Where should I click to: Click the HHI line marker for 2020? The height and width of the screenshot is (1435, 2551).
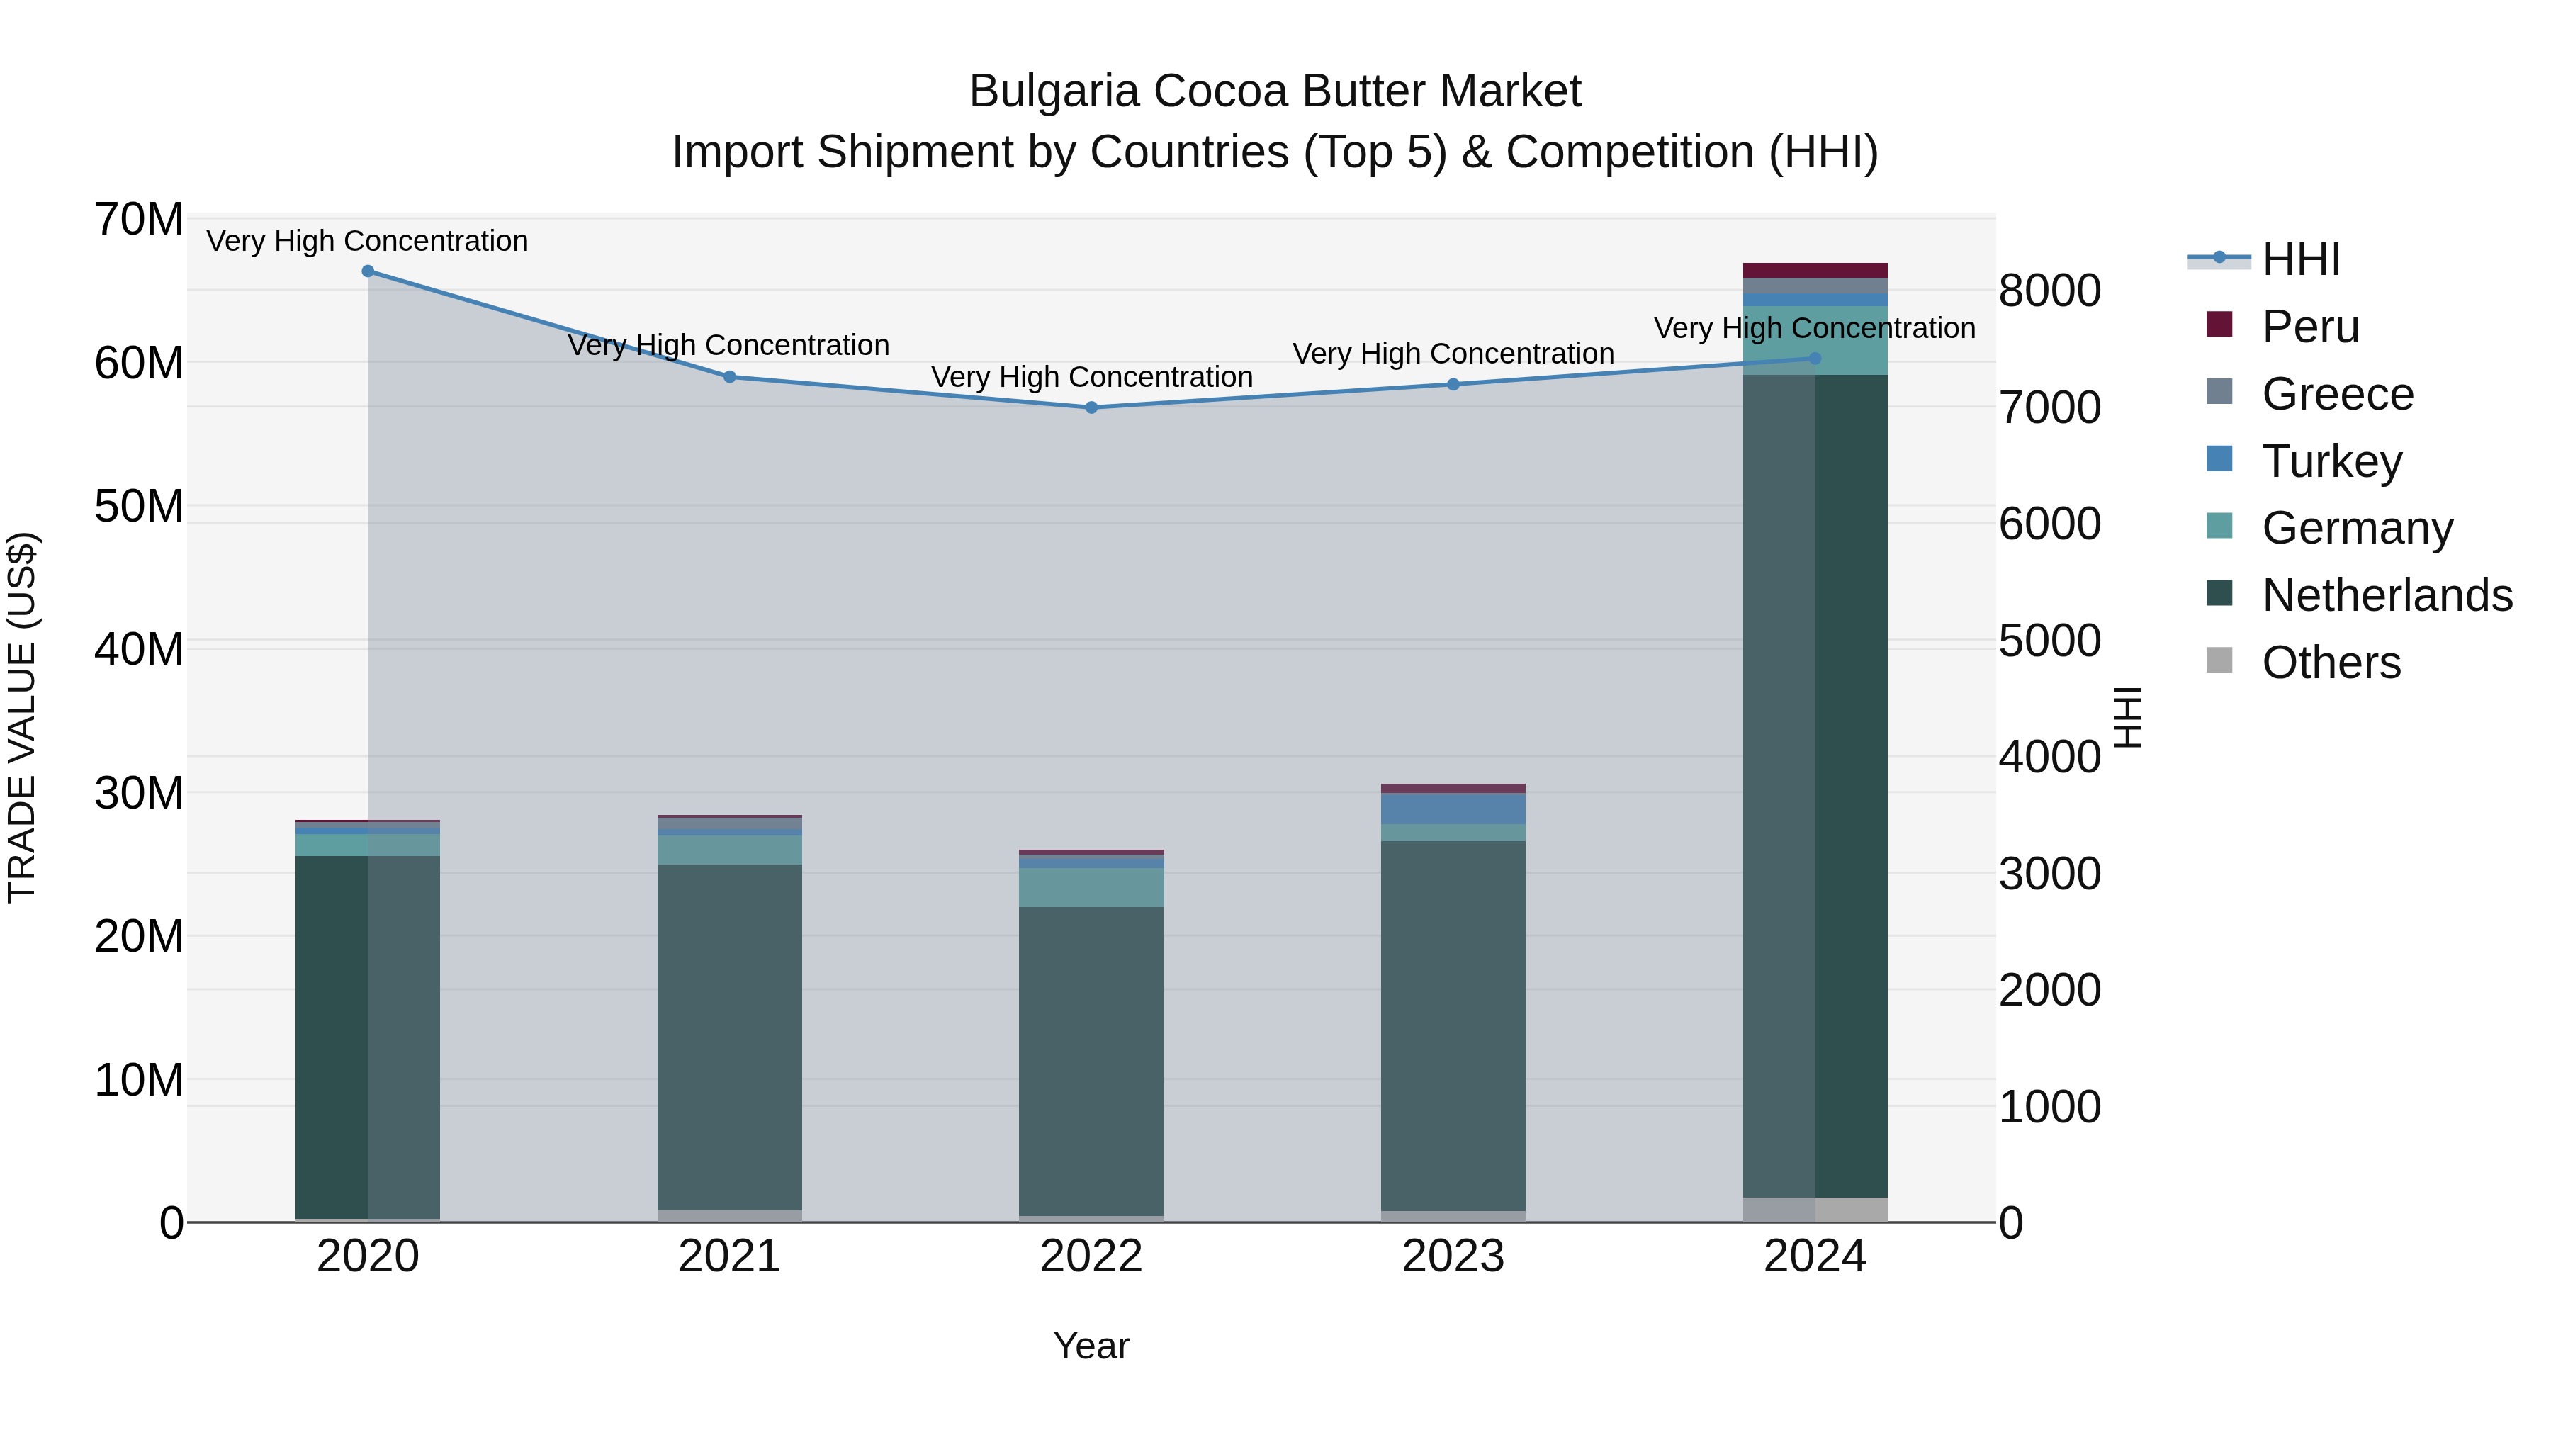(x=367, y=271)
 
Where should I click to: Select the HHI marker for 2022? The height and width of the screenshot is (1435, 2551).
(x=1091, y=407)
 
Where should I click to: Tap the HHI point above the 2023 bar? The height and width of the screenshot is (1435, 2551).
(x=1453, y=384)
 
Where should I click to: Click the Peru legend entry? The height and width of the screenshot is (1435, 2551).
(x=2310, y=327)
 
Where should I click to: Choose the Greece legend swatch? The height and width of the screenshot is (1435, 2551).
(x=2219, y=392)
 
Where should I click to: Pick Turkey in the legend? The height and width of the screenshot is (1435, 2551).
(x=2331, y=461)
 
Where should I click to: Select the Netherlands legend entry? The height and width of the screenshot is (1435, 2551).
(x=2387, y=595)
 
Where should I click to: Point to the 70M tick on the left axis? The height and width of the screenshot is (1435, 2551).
(x=139, y=220)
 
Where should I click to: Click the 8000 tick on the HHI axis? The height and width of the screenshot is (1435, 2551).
(x=2049, y=291)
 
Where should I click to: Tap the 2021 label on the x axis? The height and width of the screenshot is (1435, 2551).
(x=729, y=1256)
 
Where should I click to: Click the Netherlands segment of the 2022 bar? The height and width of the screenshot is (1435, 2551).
(x=1091, y=1059)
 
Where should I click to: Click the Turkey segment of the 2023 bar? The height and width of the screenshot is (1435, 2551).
(x=1453, y=808)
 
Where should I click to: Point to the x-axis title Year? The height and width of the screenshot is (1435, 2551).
(x=1091, y=1346)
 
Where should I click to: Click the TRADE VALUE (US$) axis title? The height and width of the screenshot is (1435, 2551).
(x=22, y=717)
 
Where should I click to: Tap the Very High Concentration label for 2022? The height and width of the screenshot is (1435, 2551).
(x=1091, y=377)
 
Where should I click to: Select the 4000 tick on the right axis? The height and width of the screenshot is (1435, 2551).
(x=2049, y=758)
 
